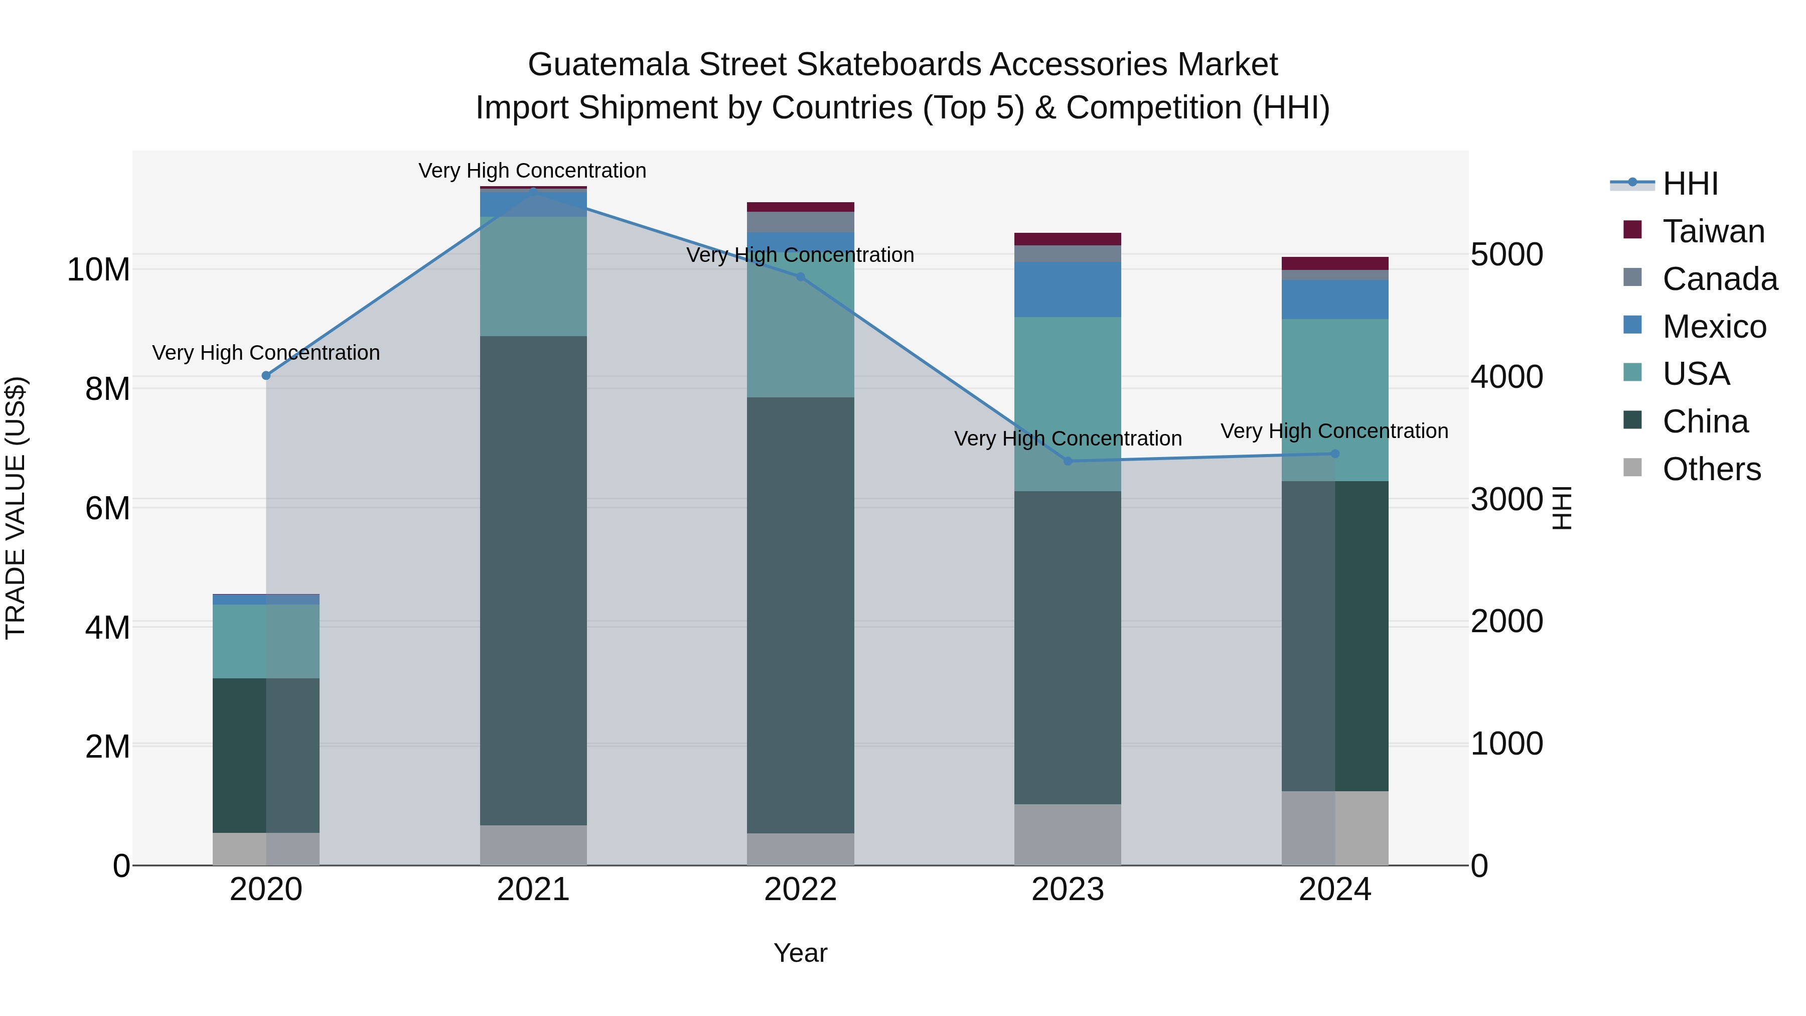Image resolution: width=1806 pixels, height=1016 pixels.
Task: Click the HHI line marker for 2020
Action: [x=266, y=376]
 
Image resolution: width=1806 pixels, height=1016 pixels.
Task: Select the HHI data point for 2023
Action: [x=1068, y=462]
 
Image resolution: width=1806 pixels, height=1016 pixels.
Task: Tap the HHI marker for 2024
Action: [x=1335, y=454]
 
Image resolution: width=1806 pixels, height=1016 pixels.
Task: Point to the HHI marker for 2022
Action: [x=801, y=277]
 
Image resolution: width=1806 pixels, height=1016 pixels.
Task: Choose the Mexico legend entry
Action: [x=1714, y=327]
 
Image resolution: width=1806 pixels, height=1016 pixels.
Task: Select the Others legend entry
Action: [x=1711, y=469]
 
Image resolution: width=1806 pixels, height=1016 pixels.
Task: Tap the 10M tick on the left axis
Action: [x=98, y=270]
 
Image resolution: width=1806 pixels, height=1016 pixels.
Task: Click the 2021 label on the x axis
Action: [x=533, y=890]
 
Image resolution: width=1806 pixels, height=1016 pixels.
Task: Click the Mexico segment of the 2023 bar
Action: [x=1068, y=289]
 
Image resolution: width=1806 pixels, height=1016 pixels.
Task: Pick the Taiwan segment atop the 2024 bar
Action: [x=1335, y=263]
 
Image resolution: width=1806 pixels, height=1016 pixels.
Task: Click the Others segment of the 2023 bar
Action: [x=1068, y=834]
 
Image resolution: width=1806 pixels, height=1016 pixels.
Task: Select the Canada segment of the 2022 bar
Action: [x=801, y=222]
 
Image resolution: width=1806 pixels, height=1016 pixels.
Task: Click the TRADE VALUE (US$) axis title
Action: [x=16, y=508]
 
